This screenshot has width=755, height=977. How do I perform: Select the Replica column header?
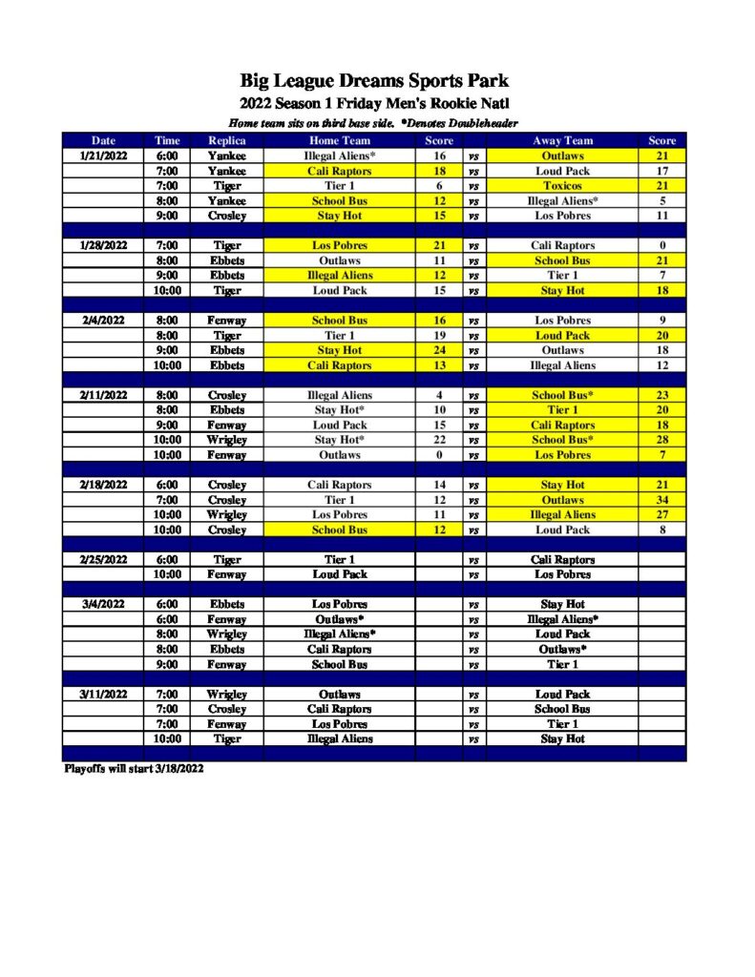click(227, 140)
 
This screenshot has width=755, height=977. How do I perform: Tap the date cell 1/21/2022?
click(102, 156)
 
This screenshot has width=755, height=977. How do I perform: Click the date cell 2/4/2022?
click(102, 321)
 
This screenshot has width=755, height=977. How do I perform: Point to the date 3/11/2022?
click(102, 695)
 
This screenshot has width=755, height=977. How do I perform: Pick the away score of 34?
click(661, 500)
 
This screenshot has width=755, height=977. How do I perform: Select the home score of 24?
click(439, 350)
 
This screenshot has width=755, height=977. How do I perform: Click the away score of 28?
click(661, 440)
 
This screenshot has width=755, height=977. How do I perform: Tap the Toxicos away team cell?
click(562, 186)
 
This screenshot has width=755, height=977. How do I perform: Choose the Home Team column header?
click(340, 140)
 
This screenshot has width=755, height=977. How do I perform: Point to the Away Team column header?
click(562, 140)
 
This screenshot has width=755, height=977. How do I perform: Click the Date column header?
click(103, 140)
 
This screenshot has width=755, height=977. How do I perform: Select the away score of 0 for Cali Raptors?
click(661, 245)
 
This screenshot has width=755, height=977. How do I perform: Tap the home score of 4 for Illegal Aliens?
click(439, 395)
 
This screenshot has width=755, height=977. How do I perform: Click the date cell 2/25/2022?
click(102, 560)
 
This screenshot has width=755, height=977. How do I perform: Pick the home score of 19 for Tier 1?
click(439, 336)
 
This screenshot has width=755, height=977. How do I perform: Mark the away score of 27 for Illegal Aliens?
click(661, 515)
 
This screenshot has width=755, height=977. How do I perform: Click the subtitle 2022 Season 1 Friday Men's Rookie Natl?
click(374, 103)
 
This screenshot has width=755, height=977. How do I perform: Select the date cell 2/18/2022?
click(102, 485)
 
